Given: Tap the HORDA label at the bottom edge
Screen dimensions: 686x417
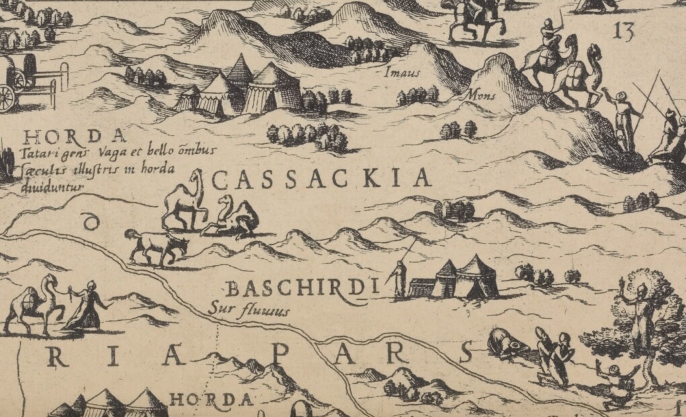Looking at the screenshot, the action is pyautogui.click(x=211, y=400).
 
